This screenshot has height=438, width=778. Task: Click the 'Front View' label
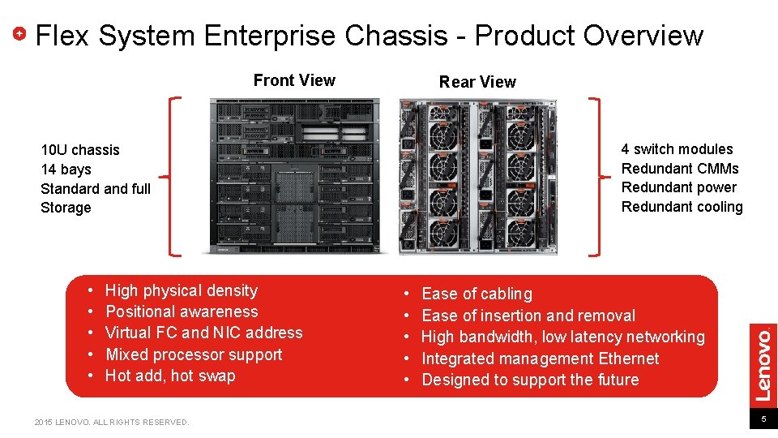294,80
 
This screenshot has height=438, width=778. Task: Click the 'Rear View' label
477,82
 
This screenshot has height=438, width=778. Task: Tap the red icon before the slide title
22,35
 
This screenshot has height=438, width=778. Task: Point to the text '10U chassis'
80,150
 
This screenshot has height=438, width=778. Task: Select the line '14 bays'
66,170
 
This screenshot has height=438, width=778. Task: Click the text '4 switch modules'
677,149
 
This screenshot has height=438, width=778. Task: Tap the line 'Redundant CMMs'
680,169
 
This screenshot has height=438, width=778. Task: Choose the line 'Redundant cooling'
682,207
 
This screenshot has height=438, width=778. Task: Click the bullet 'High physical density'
182,290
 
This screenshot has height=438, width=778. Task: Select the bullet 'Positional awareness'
182,311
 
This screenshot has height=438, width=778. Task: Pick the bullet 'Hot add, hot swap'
170,376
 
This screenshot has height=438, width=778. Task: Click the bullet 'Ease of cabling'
477,294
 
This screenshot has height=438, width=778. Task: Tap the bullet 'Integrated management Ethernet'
541,359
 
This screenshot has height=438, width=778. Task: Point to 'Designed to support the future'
530,380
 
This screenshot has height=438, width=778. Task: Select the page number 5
763,419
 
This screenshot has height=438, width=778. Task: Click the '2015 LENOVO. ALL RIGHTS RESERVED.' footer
112,422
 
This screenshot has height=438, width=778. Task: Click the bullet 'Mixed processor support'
194,354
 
